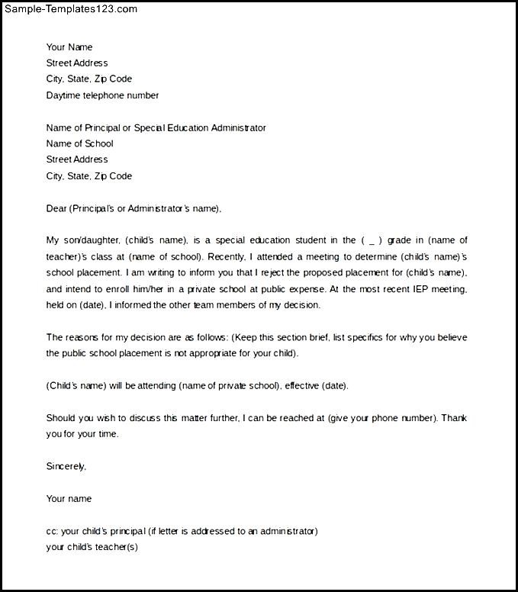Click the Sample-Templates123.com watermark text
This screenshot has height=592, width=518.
click(x=69, y=9)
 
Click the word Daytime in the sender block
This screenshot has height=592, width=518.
click(x=64, y=95)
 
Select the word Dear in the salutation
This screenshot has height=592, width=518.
click(x=56, y=208)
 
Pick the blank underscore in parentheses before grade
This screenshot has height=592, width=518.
click(x=371, y=240)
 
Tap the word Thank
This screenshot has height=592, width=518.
click(x=454, y=418)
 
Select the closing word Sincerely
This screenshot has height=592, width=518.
click(x=66, y=466)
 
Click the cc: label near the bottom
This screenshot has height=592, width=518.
click(x=52, y=531)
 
